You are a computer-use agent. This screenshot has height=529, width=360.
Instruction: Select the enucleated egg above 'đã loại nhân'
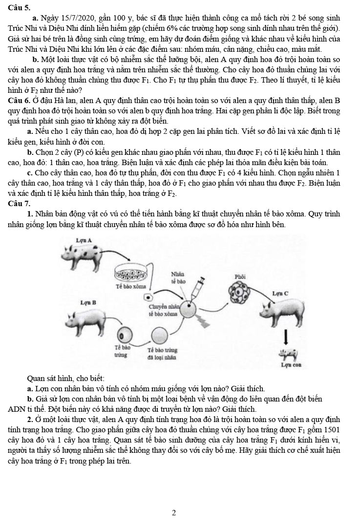pyautogui.click(x=159, y=335)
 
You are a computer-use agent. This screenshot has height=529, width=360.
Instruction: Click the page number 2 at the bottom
pyautogui.click(x=174, y=513)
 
